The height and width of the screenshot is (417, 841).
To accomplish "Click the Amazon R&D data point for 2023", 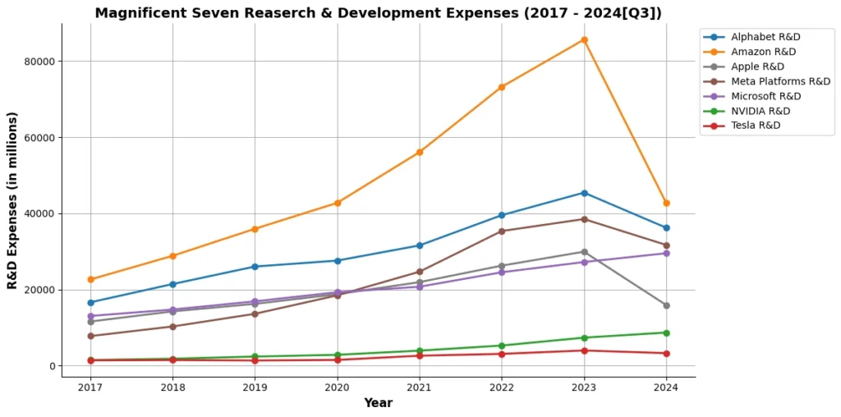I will click(584, 39).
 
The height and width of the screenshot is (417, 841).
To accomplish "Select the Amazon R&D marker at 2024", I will click(666, 203).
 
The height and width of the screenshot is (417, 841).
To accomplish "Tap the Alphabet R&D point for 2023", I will click(584, 193).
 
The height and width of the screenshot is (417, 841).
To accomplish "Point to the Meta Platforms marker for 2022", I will click(502, 231).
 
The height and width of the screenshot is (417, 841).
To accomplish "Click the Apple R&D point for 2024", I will click(666, 305).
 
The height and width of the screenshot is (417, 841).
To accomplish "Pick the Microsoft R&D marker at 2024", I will click(666, 253).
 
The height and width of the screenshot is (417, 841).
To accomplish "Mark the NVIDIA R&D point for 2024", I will click(666, 332).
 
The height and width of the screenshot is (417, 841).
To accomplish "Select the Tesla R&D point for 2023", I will click(584, 351).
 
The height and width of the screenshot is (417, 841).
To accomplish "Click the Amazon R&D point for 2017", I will click(90, 280).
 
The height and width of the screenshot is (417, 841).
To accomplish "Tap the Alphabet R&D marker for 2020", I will click(338, 261).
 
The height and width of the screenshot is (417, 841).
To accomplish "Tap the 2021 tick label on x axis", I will click(420, 387).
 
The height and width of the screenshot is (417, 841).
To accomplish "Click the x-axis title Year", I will click(378, 403).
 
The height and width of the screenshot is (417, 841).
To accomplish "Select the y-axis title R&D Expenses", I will click(13, 200).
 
